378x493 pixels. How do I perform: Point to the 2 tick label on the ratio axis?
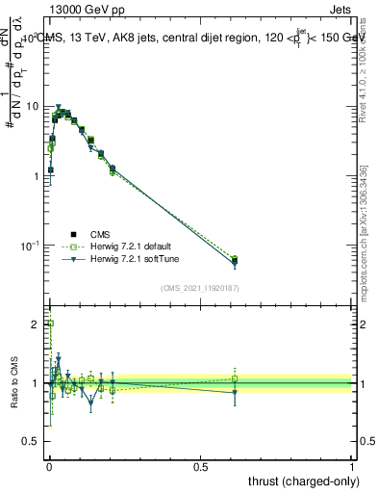pyautogui.click(x=38, y=324)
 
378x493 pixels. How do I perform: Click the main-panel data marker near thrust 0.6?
pyautogui.click(x=235, y=260)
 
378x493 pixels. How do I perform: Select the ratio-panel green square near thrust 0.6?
pyautogui.click(x=235, y=378)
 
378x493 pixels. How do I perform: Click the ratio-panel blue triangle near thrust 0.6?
pyautogui.click(x=235, y=392)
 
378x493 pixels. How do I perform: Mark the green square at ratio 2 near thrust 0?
pyautogui.click(x=50, y=324)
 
